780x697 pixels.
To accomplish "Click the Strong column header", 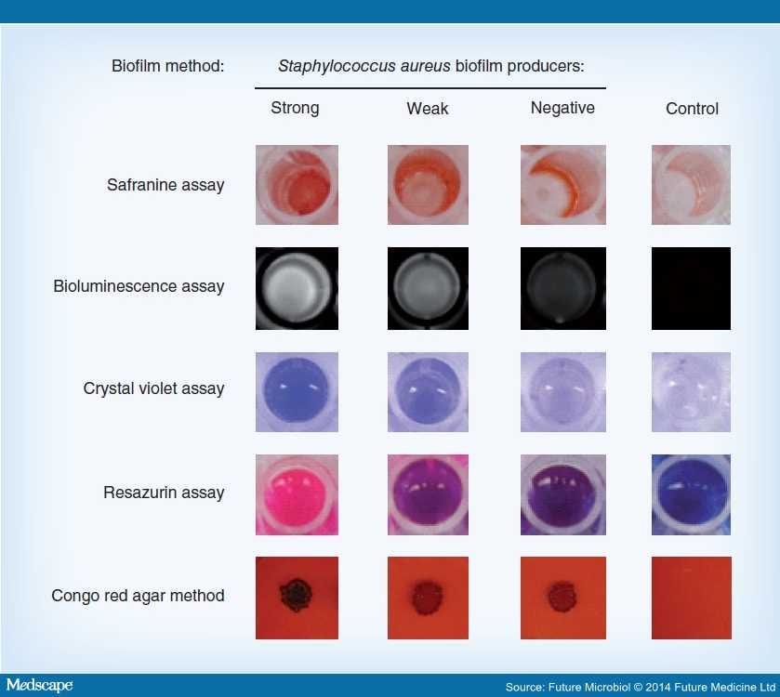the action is pyautogui.click(x=295, y=108).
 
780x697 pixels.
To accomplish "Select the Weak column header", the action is pyautogui.click(x=428, y=109).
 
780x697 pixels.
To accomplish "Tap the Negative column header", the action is pyautogui.click(x=562, y=108).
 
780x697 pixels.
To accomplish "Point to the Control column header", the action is pyautogui.click(x=692, y=109).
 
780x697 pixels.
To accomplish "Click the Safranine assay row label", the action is pyautogui.click(x=165, y=185).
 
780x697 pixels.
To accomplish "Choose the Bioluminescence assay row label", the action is pyautogui.click(x=139, y=286).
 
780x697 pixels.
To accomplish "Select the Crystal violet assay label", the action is pyautogui.click(x=153, y=388).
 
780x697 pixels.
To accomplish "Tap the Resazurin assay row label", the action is pyautogui.click(x=164, y=493).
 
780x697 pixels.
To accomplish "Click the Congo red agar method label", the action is pyautogui.click(x=138, y=595).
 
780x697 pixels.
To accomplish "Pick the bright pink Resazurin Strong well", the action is pyautogui.click(x=297, y=494).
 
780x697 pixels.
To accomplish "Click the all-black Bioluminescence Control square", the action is pyautogui.click(x=691, y=288).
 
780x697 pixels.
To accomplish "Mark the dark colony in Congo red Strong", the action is pyautogui.click(x=296, y=595).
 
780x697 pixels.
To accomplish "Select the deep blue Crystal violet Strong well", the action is pyautogui.click(x=297, y=392).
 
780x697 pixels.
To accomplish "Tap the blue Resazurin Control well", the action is pyautogui.click(x=691, y=494).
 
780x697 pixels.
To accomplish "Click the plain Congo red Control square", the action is pyautogui.click(x=692, y=598).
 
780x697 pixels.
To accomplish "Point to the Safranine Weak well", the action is pyautogui.click(x=428, y=185).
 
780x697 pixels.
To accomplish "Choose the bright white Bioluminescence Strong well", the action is pyautogui.click(x=297, y=288).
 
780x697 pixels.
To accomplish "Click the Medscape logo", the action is pyautogui.click(x=40, y=685).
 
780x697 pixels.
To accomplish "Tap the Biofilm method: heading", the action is pyautogui.click(x=167, y=66).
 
